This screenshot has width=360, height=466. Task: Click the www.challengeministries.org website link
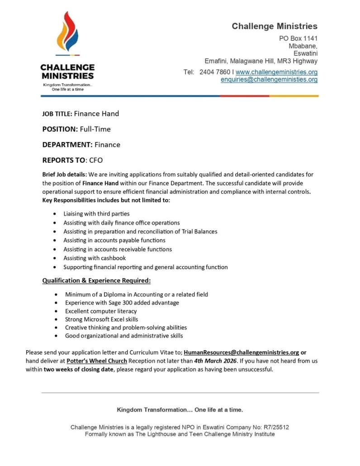point(276,72)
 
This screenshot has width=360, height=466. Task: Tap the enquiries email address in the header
point(269,80)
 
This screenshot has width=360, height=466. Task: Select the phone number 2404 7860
point(214,72)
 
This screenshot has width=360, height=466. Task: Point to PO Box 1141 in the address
point(298,38)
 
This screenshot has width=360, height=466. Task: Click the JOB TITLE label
point(57,114)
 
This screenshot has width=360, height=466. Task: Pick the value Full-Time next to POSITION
point(95,129)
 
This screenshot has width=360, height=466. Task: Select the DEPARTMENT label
point(67,145)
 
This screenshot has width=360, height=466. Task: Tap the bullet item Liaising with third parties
point(96,214)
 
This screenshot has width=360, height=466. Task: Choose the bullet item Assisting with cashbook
point(95,258)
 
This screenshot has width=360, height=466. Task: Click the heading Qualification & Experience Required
point(96,281)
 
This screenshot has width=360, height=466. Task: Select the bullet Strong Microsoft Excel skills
point(102,319)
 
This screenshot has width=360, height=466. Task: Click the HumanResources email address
point(242,352)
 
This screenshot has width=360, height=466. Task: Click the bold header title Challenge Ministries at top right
point(275,26)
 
